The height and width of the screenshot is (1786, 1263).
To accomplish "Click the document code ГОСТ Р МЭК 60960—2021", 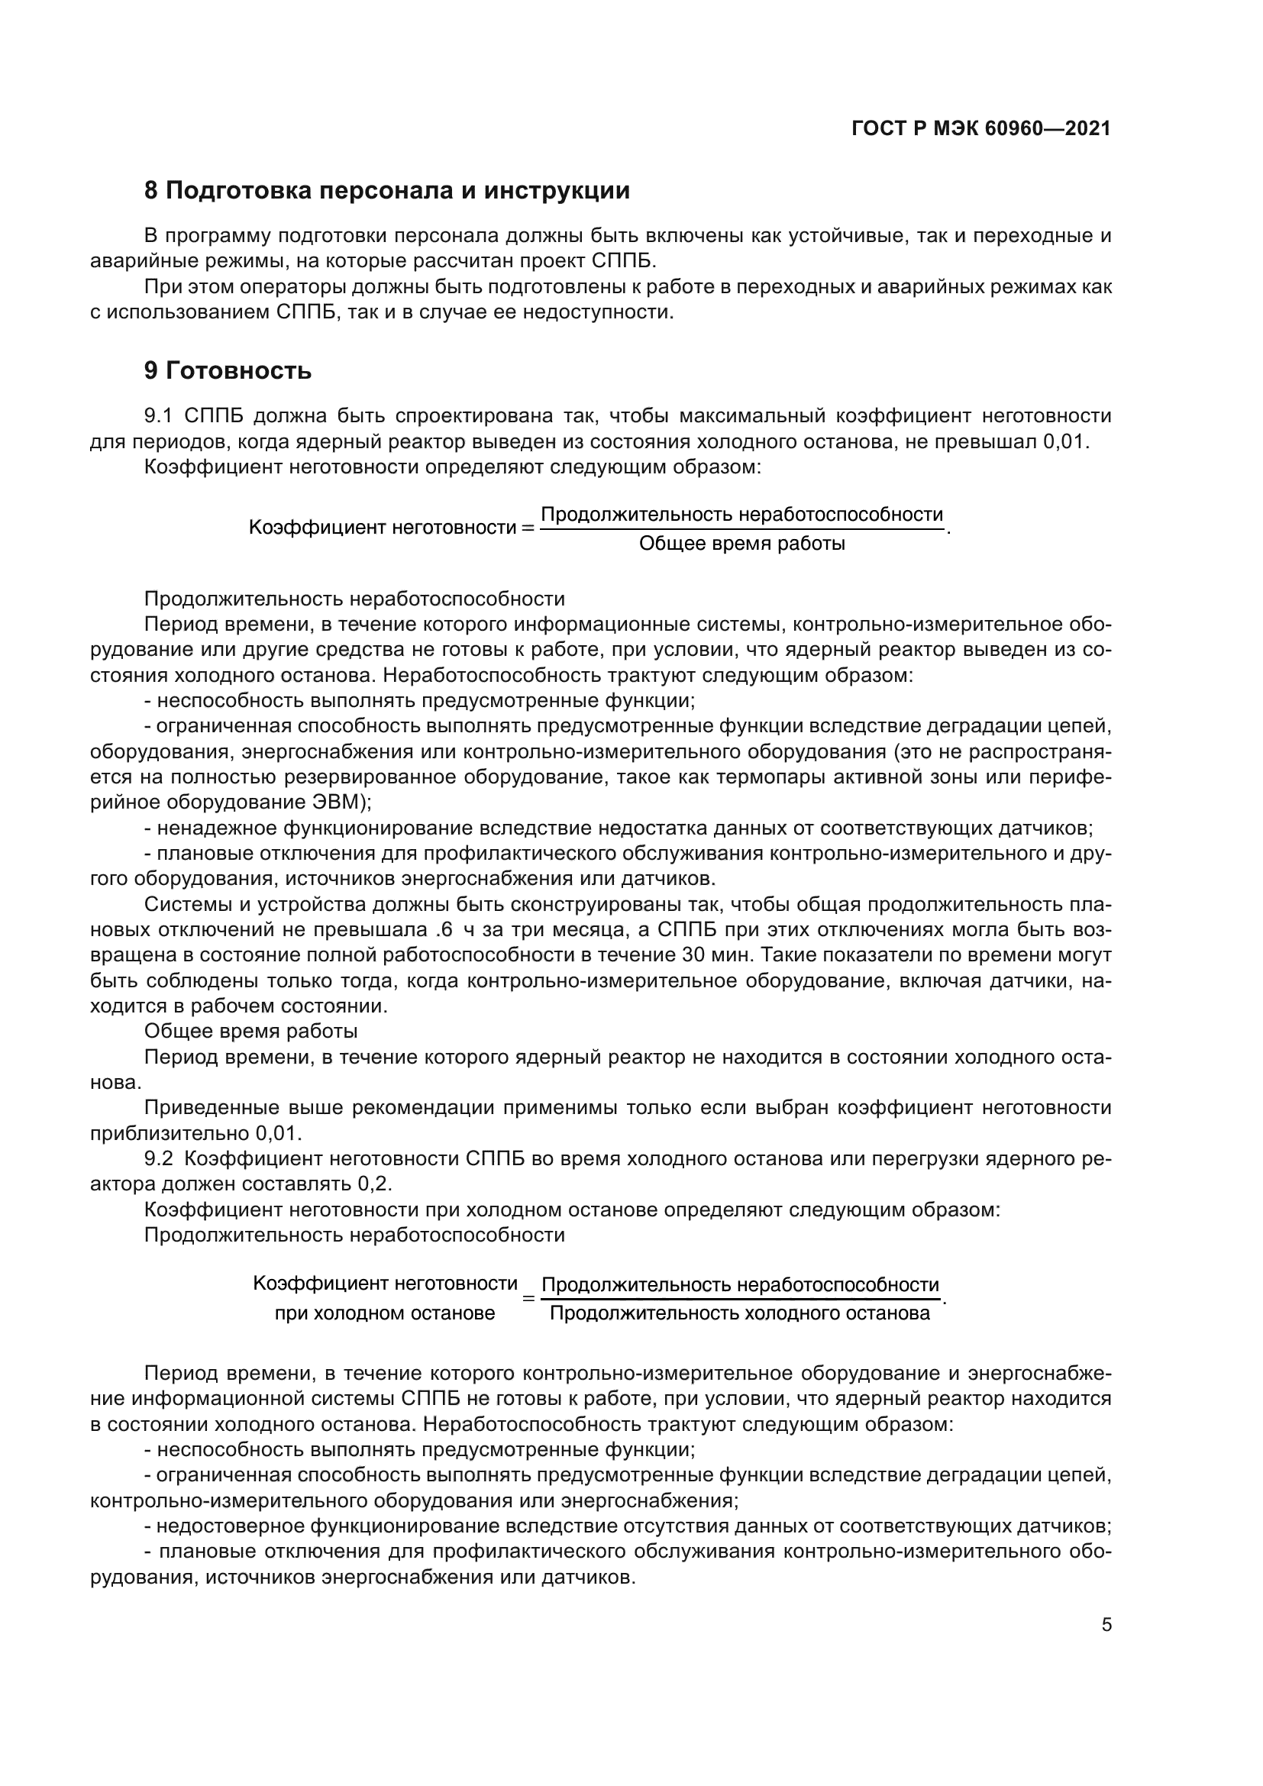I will (x=980, y=129).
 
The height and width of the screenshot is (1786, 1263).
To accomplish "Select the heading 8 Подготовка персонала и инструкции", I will (x=386, y=191).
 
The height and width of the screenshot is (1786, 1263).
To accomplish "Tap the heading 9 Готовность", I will (x=227, y=371).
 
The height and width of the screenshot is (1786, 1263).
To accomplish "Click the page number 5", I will (x=1106, y=1625).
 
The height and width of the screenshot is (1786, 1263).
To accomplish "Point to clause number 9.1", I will (x=158, y=416).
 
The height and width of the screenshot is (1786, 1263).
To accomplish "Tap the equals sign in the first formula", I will (x=528, y=528).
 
